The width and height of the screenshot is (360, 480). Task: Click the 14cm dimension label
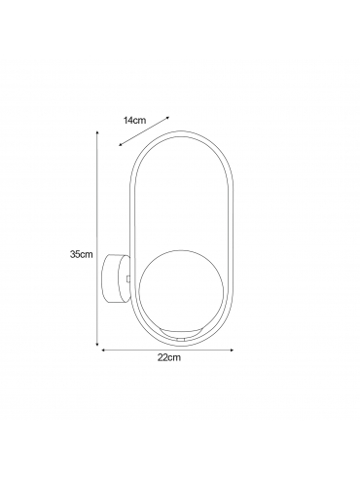(x=134, y=121)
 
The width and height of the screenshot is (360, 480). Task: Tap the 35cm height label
(x=82, y=254)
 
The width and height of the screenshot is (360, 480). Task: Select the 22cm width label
(x=169, y=358)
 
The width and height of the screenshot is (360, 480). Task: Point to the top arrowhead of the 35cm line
(x=97, y=132)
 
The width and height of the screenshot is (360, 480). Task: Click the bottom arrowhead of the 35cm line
(x=97, y=344)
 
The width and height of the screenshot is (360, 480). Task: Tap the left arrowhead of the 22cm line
(x=104, y=350)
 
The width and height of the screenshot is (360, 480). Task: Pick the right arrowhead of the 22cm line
(x=232, y=350)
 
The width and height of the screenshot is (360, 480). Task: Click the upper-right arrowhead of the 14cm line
(x=167, y=118)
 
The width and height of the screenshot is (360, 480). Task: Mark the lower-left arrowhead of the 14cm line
(x=121, y=145)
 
